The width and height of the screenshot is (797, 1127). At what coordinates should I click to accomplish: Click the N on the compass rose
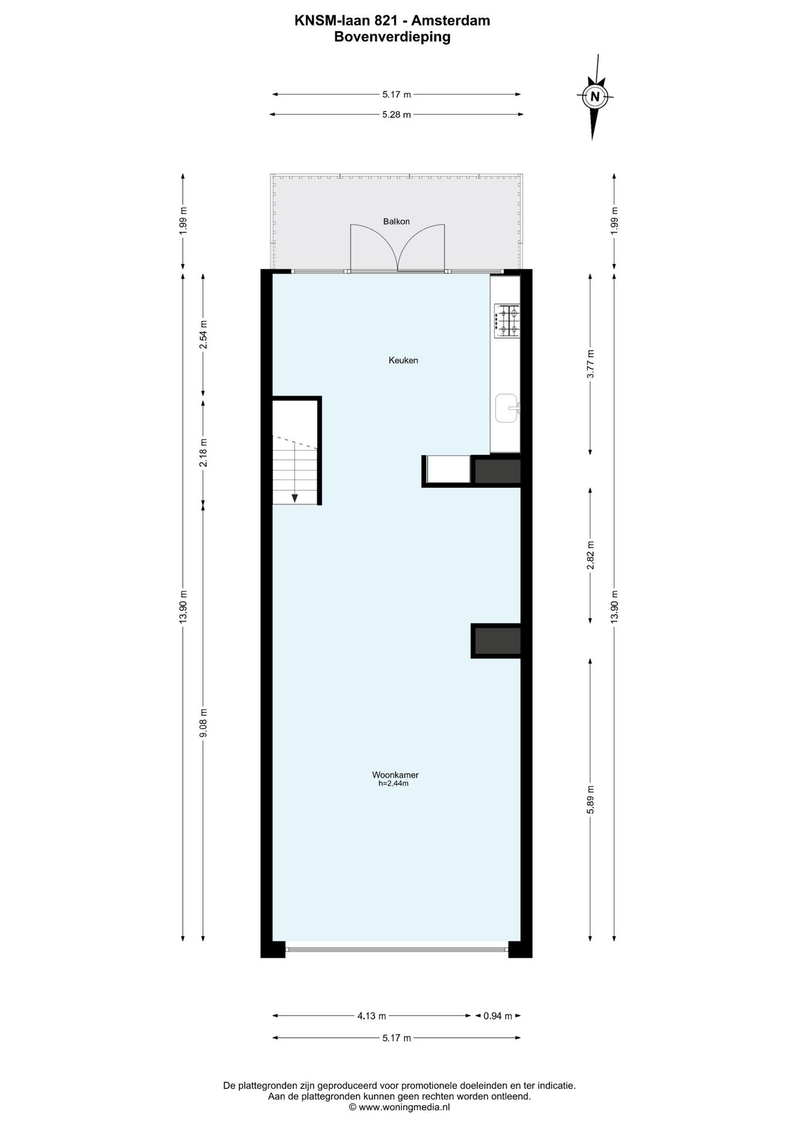pos(595,97)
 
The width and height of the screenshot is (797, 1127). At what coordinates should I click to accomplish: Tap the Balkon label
pos(396,221)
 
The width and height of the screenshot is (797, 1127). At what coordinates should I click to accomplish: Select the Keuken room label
pos(403,360)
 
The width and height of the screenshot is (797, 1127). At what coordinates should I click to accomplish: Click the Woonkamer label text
pos(395,775)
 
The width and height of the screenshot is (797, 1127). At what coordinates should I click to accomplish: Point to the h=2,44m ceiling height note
pos(393,783)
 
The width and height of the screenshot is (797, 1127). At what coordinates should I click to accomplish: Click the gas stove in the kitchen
pos(507,320)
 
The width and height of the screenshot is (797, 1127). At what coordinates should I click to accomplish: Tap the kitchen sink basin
pos(506,408)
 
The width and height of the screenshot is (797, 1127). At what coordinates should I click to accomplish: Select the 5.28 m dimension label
pos(396,115)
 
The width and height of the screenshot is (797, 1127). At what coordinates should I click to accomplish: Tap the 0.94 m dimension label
pos(498,1016)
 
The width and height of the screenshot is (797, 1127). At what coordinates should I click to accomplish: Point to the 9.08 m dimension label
pos(204,724)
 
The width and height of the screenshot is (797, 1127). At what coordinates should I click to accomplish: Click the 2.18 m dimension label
pos(204,453)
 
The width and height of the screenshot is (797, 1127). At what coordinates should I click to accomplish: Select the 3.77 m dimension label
pos(591,364)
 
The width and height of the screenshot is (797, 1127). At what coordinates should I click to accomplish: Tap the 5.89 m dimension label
pos(591,799)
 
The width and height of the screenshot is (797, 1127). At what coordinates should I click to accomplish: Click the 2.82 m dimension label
pos(591,555)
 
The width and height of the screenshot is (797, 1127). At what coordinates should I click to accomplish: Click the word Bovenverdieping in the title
pos(392,36)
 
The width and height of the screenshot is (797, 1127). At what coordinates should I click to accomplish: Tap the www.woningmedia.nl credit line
pos(399,1107)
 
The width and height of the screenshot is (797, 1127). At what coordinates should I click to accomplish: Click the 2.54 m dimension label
pos(204,335)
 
